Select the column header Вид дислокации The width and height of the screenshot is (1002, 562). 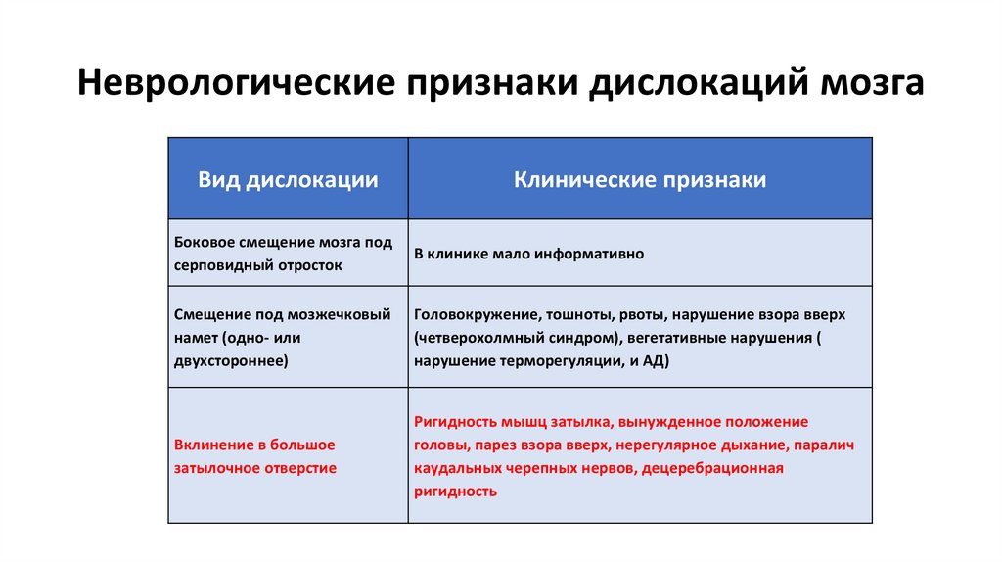coord(289,180)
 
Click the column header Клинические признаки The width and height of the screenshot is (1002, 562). coord(640,180)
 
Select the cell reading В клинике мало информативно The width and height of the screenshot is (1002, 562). coord(528,254)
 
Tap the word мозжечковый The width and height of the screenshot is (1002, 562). coord(339,314)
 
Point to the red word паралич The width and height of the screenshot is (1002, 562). coord(827,445)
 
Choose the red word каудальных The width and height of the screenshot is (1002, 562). coord(458,469)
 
